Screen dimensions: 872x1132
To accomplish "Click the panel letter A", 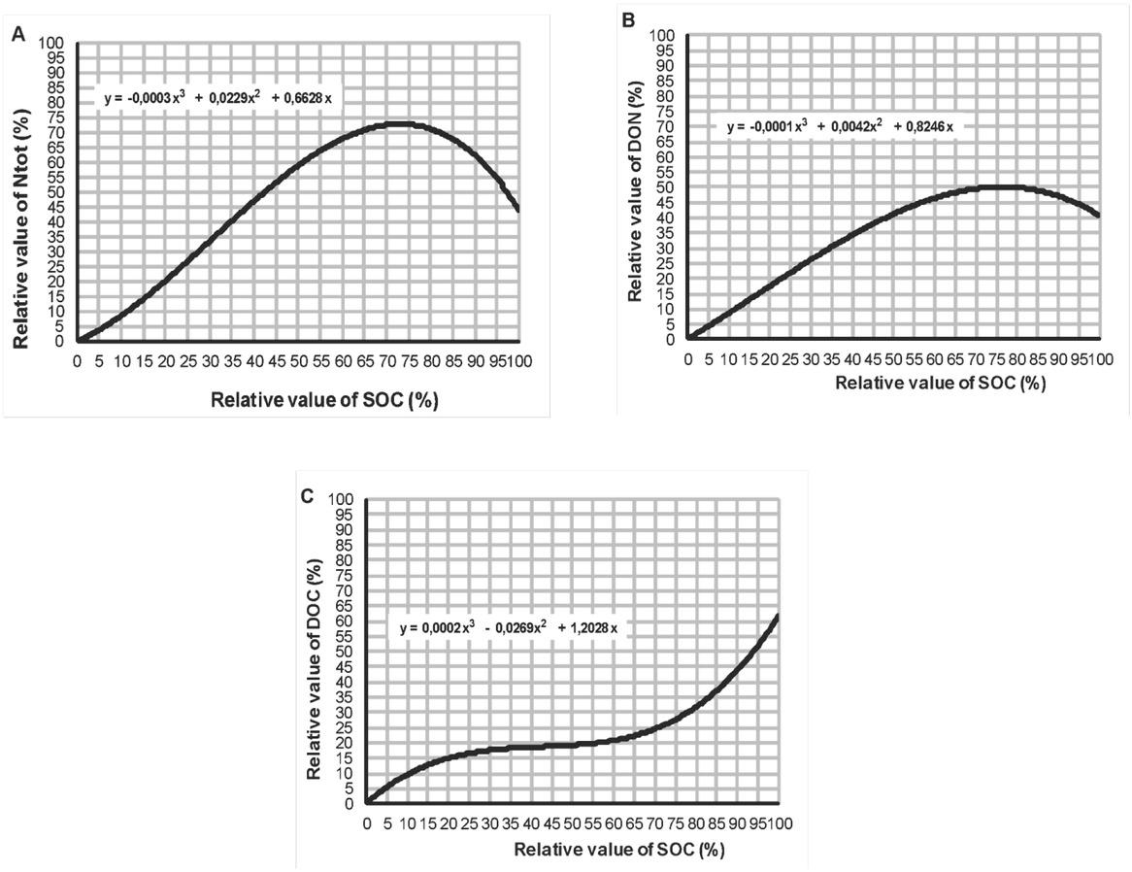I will (17, 35).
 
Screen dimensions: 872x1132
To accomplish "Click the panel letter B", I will (628, 19).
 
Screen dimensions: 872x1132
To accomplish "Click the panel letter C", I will (307, 495).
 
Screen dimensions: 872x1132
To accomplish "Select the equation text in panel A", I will (218, 98).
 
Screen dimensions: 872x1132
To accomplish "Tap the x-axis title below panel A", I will (295, 401).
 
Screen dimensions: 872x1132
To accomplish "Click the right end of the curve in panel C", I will (777, 616).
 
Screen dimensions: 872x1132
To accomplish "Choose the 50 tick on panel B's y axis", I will (668, 187).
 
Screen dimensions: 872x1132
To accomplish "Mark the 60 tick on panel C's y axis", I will (347, 621).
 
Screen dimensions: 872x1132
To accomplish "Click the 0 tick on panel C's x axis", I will (367, 824).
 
